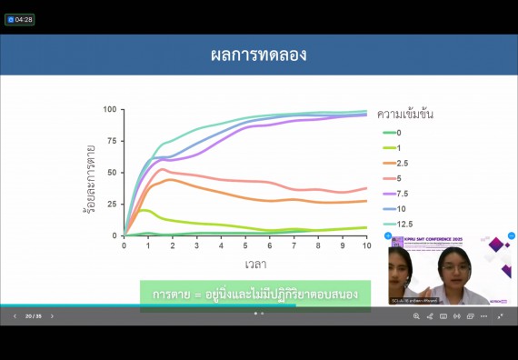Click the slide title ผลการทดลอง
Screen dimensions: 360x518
coord(259,55)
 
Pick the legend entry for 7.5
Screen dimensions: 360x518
coord(402,193)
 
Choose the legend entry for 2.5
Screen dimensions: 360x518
coord(402,163)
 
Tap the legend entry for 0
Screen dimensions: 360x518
coord(397,133)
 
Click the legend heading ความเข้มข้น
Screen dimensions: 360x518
coord(404,115)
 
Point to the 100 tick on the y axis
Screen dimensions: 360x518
coord(110,110)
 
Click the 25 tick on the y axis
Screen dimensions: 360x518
coord(113,205)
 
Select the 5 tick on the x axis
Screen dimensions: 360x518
coord(245,245)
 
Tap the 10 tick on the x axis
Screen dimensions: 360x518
coord(366,245)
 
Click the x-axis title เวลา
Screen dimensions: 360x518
coord(255,265)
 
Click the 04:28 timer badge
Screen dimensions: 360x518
coord(20,19)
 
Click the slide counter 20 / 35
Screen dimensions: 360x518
coord(33,316)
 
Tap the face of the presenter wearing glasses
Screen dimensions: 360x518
coord(452,270)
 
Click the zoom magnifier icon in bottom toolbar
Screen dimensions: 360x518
coord(416,316)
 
